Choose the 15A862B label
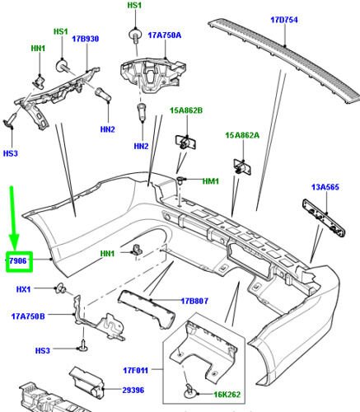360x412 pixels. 186,110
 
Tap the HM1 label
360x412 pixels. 210,180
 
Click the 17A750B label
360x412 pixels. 28,316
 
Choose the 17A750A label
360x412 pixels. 165,35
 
